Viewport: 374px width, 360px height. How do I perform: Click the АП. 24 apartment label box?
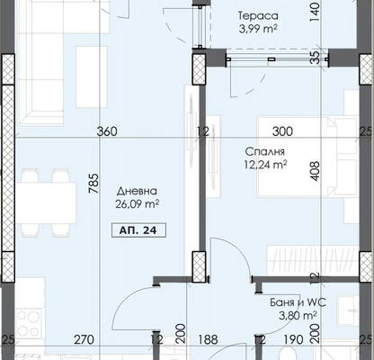coord(138,230)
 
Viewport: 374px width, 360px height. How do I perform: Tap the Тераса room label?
coord(258,15)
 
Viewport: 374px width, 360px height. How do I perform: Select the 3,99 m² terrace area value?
coord(258,29)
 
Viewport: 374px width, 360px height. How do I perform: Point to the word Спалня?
coord(264,151)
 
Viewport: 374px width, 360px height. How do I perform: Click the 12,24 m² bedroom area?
coord(266,165)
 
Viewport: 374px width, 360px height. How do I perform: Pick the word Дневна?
coord(137,191)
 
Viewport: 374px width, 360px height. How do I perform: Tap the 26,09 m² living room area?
coord(138,204)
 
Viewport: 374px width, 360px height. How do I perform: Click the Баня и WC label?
coord(298,302)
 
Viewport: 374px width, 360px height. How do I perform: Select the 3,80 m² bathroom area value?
coord(298,316)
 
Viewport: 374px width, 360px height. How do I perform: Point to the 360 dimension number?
coord(107,131)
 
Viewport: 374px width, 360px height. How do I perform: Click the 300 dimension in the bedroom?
coord(282,131)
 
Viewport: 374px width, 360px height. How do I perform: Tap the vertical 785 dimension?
coord(93,184)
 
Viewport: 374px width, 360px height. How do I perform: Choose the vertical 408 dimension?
coord(315,171)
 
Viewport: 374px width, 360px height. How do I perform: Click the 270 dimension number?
coord(84,340)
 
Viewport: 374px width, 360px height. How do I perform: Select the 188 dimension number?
coord(208,339)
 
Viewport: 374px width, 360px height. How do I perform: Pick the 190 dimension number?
coord(293,339)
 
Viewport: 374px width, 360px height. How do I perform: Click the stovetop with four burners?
coord(29,323)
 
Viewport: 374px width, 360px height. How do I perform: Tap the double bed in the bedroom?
coord(307,157)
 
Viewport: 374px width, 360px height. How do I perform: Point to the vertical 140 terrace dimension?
coord(315,13)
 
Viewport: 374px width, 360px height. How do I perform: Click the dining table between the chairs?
coord(46,202)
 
